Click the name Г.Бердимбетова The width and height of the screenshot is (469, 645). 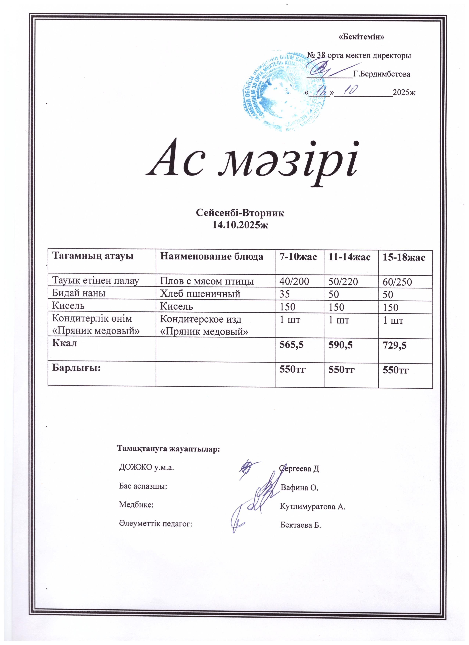click(x=381, y=74)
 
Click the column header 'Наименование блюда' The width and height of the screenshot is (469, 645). click(x=212, y=257)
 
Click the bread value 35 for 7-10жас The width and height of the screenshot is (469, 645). click(x=285, y=294)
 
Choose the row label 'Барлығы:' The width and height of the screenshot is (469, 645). click(x=76, y=368)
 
